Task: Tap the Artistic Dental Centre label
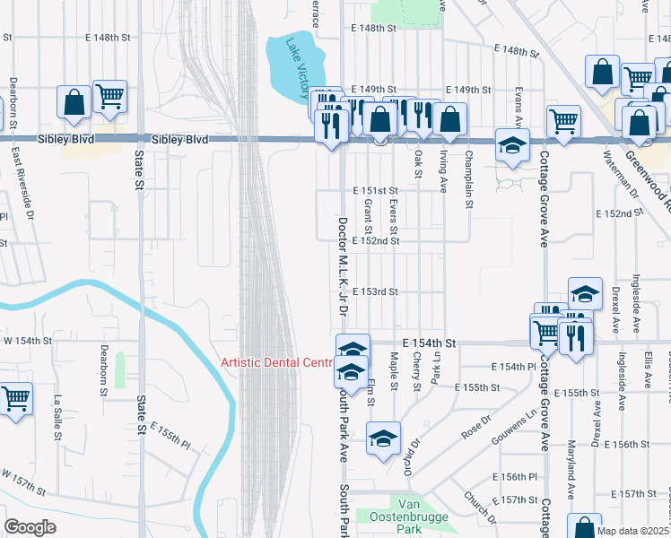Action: [x=276, y=362]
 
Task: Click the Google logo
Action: [x=30, y=527]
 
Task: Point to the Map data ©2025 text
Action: [x=632, y=531]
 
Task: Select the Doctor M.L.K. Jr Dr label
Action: [x=342, y=265]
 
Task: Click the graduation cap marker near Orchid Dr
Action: [x=383, y=438]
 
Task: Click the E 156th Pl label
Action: [x=512, y=477]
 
